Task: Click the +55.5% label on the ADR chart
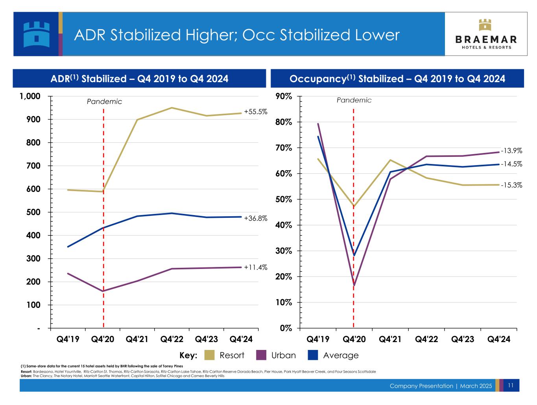pyautogui.click(x=255, y=112)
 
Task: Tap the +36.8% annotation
pyautogui.click(x=255, y=218)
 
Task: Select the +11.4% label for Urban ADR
pyautogui.click(x=255, y=267)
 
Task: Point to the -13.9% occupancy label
pyautogui.click(x=511, y=151)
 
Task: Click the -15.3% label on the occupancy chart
pyautogui.click(x=511, y=185)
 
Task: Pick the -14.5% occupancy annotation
pyautogui.click(x=511, y=164)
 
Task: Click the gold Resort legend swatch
pyautogui.click(x=209, y=355)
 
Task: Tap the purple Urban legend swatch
pyautogui.click(x=261, y=355)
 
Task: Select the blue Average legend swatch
pyautogui.click(x=313, y=355)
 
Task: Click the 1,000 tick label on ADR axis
pyautogui.click(x=30, y=96)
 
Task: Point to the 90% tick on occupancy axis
pyautogui.click(x=284, y=96)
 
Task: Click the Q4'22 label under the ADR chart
pyautogui.click(x=172, y=339)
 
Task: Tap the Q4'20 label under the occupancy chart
pyautogui.click(x=354, y=339)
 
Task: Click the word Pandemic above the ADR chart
pyautogui.click(x=104, y=101)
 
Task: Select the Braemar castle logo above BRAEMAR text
pyautogui.click(x=485, y=25)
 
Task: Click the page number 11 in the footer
pyautogui.click(x=510, y=385)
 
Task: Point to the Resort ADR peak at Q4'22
pyautogui.click(x=172, y=108)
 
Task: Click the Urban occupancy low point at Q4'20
pyautogui.click(x=354, y=285)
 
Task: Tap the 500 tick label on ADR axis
pyautogui.click(x=33, y=212)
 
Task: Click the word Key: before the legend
pyautogui.click(x=188, y=355)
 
